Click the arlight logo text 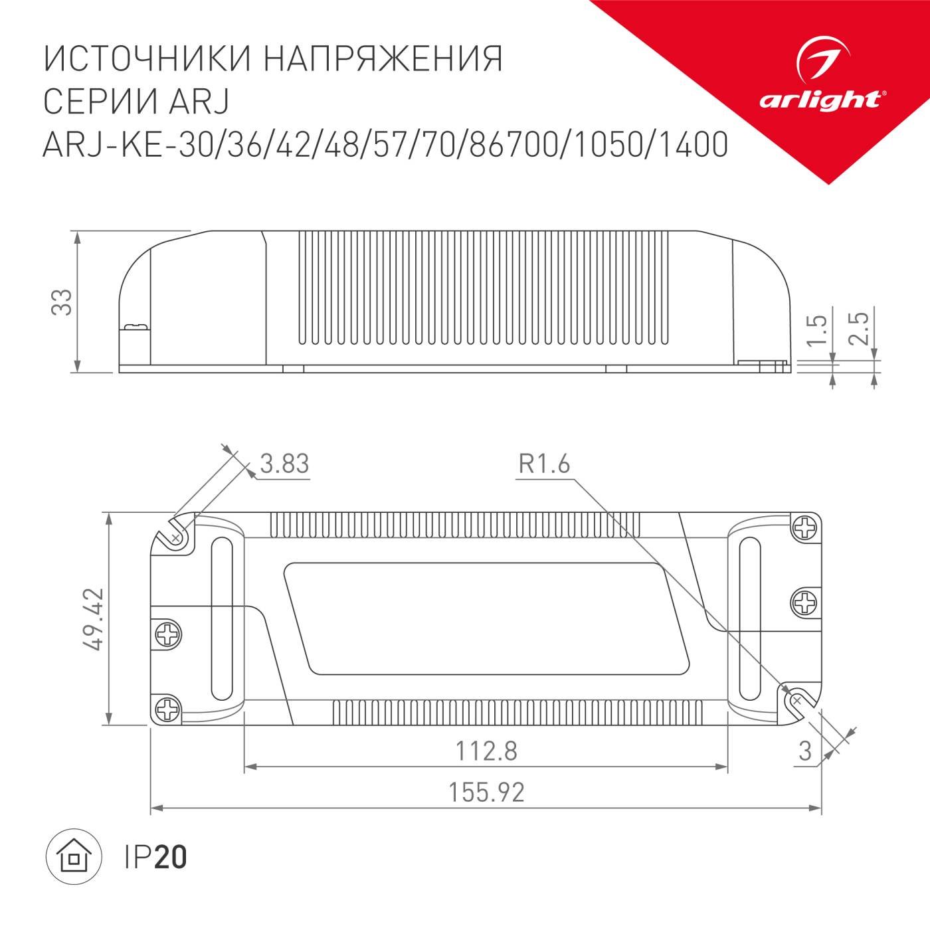[820, 100]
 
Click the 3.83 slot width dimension [284, 463]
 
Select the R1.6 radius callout [544, 463]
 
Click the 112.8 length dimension [486, 751]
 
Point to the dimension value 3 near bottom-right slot [805, 751]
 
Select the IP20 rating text [155, 858]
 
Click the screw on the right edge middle [805, 603]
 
